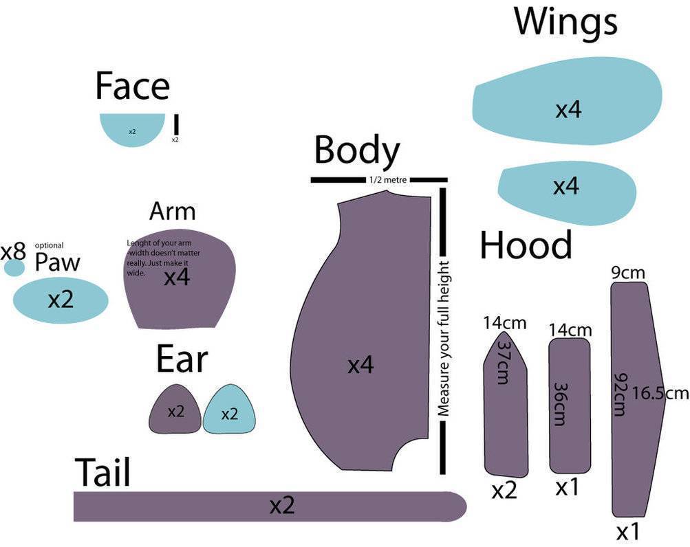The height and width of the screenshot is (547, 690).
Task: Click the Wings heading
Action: (x=565, y=22)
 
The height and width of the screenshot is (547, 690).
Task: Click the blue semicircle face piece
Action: (x=133, y=129)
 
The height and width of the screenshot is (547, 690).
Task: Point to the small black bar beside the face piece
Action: (x=176, y=124)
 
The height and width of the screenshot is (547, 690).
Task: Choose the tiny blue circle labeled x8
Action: (x=14, y=267)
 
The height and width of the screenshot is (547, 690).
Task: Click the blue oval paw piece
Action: (x=61, y=300)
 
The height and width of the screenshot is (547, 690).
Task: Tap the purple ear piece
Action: (x=175, y=411)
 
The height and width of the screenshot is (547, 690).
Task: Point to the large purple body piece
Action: (x=358, y=344)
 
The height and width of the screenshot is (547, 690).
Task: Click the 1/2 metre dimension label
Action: (x=388, y=180)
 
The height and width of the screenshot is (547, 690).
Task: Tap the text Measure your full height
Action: (x=444, y=338)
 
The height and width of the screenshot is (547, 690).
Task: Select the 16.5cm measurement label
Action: (x=660, y=394)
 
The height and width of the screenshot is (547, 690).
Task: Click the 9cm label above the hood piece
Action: (x=628, y=273)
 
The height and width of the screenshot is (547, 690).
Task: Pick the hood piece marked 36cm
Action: (x=570, y=405)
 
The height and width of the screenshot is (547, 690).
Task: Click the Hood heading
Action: (x=526, y=245)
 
